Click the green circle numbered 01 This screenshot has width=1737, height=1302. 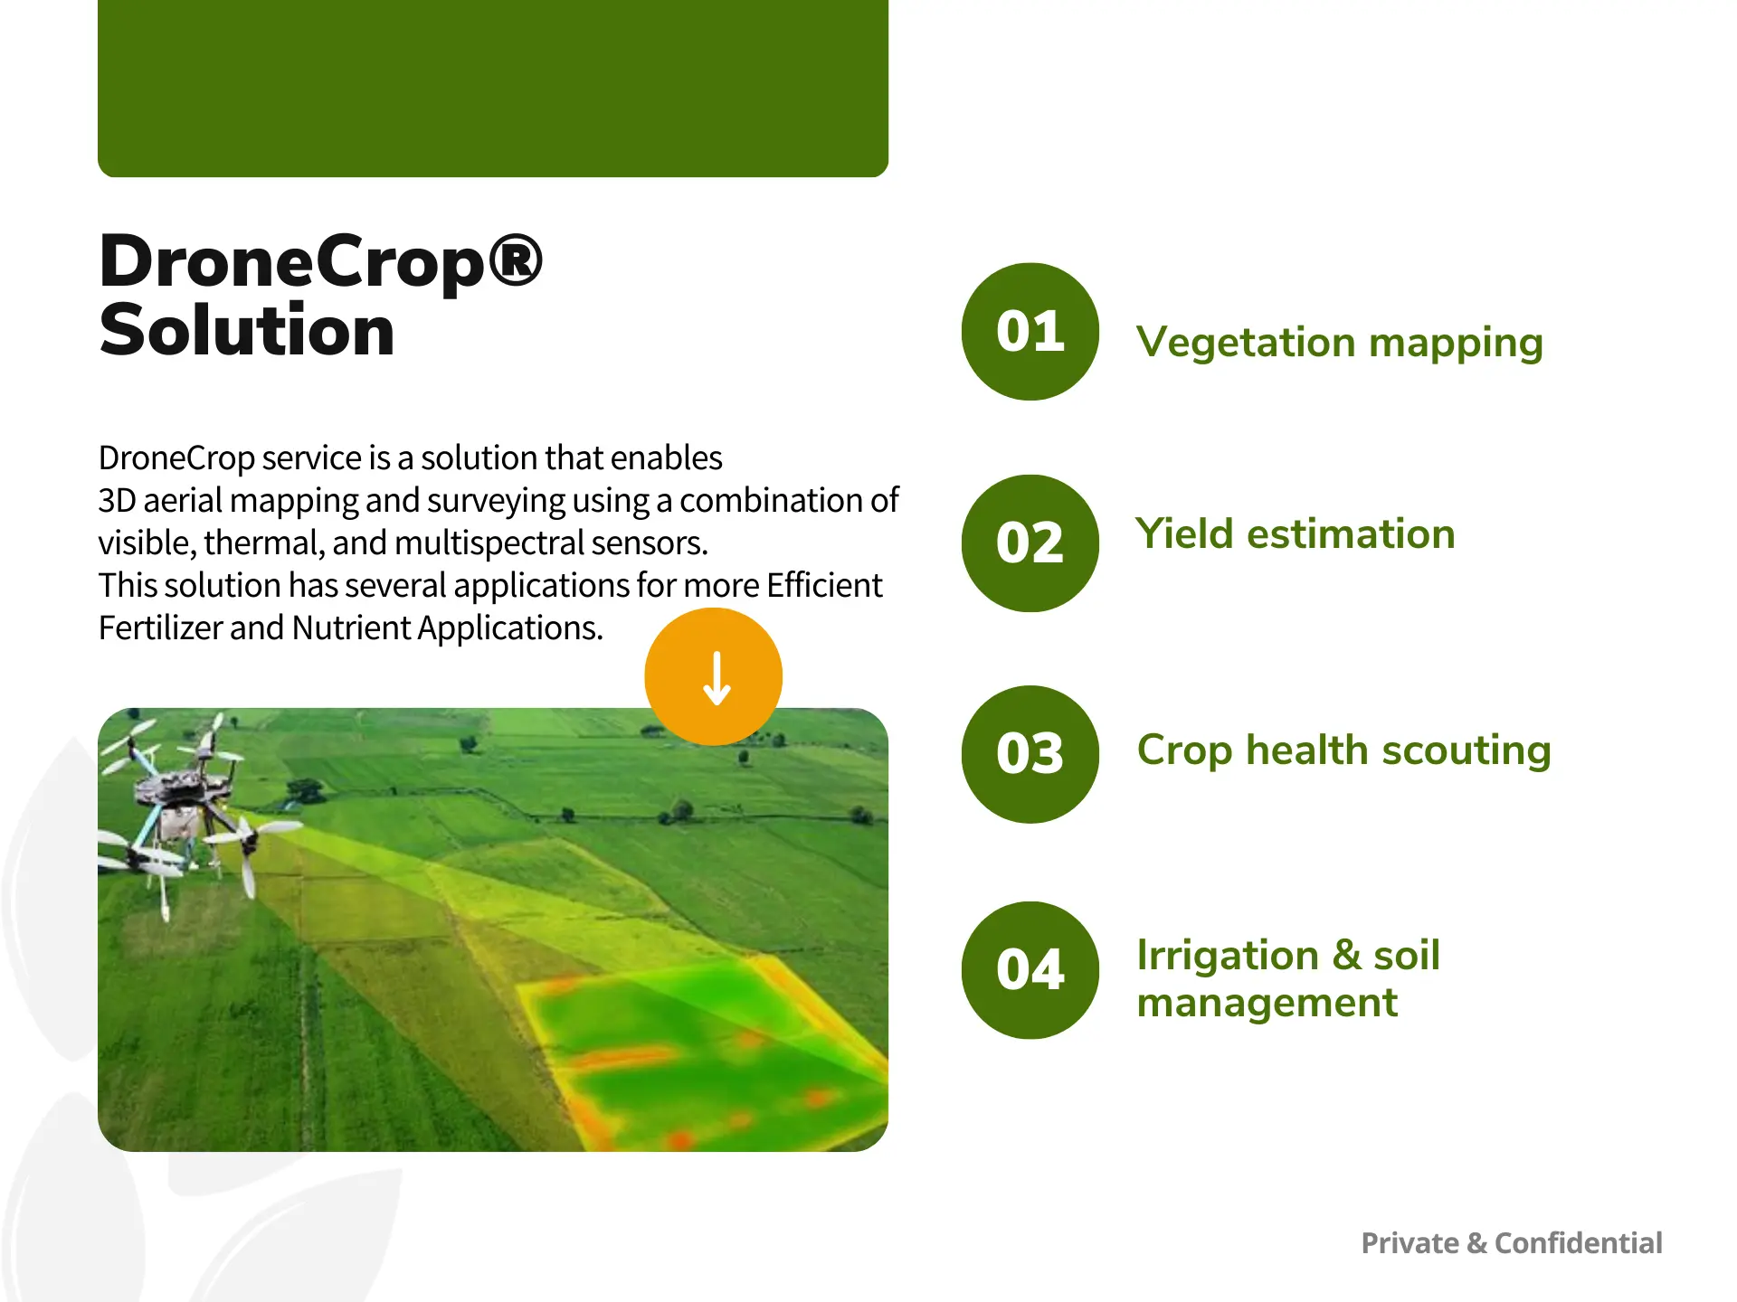[1030, 332]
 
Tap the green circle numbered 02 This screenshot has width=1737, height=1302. [1030, 543]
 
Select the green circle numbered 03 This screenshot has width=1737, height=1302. [1030, 754]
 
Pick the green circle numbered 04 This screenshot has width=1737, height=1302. [1030, 970]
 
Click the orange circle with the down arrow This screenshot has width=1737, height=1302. [714, 676]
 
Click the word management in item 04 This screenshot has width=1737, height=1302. [1267, 1003]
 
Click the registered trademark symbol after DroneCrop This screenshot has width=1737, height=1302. [516, 259]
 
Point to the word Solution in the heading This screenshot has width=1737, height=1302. [246, 331]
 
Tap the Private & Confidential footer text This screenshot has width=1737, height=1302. [1511, 1243]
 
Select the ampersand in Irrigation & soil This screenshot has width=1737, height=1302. [1346, 956]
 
